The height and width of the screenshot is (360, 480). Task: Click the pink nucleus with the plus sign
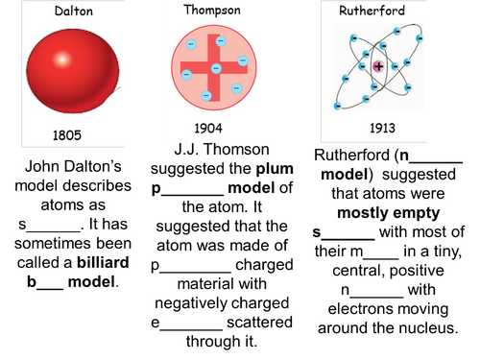pyautogui.click(x=379, y=66)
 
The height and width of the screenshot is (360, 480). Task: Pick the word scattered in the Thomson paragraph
pyautogui.click(x=252, y=321)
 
